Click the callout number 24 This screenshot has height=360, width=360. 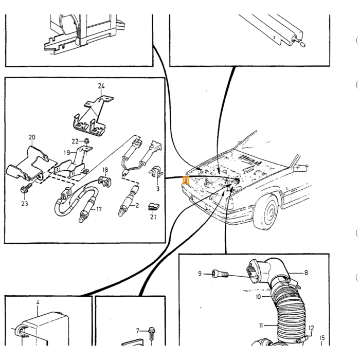[x=101, y=86]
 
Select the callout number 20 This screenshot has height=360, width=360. [x=32, y=137]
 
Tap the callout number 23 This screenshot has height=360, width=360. [x=25, y=204]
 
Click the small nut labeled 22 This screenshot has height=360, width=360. [x=87, y=140]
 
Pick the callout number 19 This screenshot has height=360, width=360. [x=67, y=153]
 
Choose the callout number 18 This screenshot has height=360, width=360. [x=105, y=170]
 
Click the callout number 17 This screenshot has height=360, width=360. [x=99, y=209]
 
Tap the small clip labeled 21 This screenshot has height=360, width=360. [x=153, y=207]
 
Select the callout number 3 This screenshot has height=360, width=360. [x=158, y=189]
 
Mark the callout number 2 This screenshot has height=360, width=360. [x=137, y=205]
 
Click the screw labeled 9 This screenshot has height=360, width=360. [x=220, y=274]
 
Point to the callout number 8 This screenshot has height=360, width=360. [x=306, y=273]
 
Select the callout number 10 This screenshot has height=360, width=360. [x=258, y=297]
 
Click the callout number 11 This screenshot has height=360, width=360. [x=261, y=326]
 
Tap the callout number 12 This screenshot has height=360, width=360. [x=311, y=328]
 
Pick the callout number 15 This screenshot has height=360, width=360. [x=322, y=338]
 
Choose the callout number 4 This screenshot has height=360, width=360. [x=38, y=302]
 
